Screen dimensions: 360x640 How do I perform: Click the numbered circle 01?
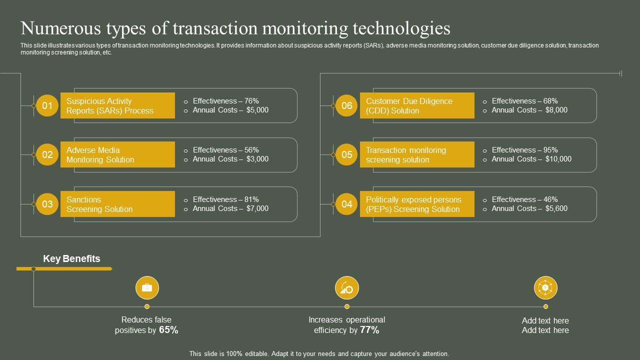pos(47,105)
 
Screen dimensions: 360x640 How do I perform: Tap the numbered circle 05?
pos(346,154)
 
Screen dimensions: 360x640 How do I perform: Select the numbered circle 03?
pos(47,204)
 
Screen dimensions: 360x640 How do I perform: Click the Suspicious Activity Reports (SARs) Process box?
pos(117,105)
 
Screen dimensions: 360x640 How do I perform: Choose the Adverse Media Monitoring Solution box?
pos(117,154)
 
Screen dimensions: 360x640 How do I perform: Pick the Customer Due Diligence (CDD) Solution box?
pos(417,105)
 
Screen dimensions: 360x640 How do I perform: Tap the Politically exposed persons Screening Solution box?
pos(417,204)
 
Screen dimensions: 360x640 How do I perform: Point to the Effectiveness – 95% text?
pos(524,150)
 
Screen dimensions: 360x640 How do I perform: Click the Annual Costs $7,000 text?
pos(230,208)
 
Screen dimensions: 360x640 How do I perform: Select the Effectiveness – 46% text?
pos(524,199)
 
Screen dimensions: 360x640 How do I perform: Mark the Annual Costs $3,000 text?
pos(230,159)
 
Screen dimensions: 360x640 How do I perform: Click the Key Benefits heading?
pos(71,258)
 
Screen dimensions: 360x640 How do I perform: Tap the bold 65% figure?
pos(168,330)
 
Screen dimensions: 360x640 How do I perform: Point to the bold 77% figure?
pos(369,330)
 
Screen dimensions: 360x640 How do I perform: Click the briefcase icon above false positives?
pos(147,288)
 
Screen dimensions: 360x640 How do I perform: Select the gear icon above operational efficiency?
pos(346,288)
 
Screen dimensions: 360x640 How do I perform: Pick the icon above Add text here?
pos(545,288)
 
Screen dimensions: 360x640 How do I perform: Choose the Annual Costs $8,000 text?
pos(529,110)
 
